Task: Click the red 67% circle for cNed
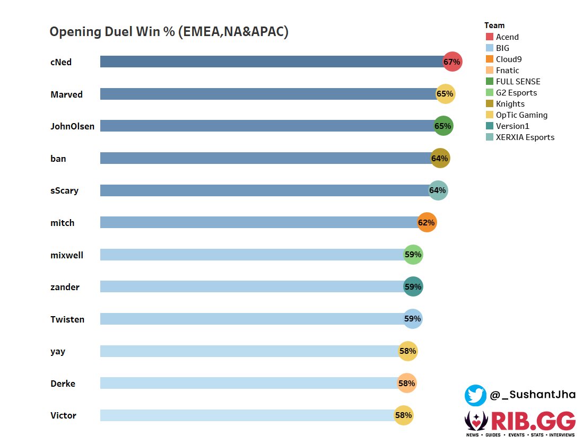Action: click(x=453, y=62)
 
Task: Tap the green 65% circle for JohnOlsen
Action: click(x=443, y=126)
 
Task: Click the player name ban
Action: click(x=58, y=159)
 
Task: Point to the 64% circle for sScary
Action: click(x=438, y=190)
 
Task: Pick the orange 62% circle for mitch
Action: click(x=427, y=223)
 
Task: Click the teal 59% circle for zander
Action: click(x=413, y=287)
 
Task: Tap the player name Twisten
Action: click(x=67, y=319)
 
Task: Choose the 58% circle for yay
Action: click(x=407, y=351)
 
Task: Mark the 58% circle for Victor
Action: click(x=403, y=415)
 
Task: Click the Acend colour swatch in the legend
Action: click(x=490, y=37)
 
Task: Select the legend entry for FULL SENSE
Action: click(x=518, y=82)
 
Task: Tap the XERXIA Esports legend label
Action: click(x=525, y=137)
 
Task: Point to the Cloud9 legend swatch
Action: click(x=490, y=59)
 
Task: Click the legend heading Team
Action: click(x=494, y=25)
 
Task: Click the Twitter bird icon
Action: click(x=475, y=395)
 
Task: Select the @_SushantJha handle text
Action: click(x=532, y=395)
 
